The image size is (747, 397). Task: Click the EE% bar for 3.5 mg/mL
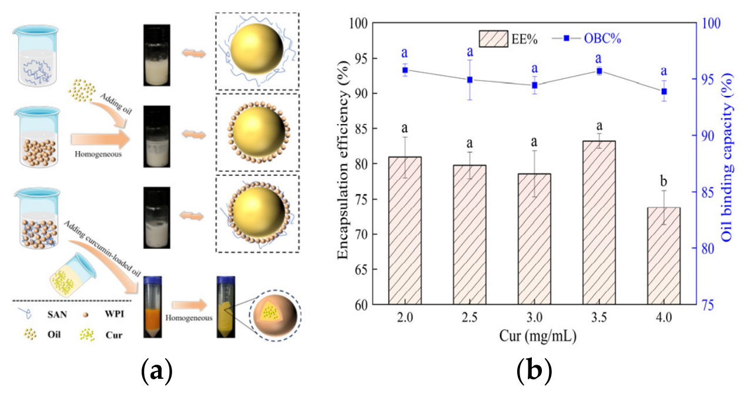[x=599, y=222]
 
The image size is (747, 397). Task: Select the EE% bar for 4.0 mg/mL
[x=664, y=256]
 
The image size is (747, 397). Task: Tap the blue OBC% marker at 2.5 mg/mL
[x=470, y=80]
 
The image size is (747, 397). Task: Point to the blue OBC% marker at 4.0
[x=664, y=91]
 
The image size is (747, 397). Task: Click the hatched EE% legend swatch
[x=494, y=39]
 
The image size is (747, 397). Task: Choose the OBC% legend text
[x=602, y=39]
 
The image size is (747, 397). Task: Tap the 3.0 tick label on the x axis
[x=534, y=317]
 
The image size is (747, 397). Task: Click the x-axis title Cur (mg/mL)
[x=538, y=336]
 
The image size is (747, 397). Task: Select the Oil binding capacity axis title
[x=728, y=158]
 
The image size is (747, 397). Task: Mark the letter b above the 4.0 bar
[x=664, y=181]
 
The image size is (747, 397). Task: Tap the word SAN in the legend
[x=57, y=314]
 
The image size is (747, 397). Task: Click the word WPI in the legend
[x=115, y=314]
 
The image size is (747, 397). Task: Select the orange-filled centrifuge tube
[x=153, y=307]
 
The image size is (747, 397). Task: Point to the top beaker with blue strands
[x=36, y=55]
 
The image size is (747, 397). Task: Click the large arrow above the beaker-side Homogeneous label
[x=100, y=139]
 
